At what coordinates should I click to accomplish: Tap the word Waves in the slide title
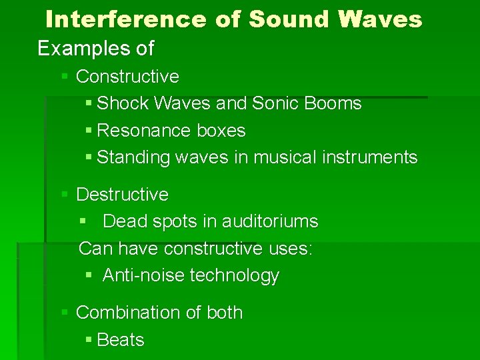[380, 19]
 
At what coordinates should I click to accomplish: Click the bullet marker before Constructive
[65, 77]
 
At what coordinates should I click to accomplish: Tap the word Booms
[333, 103]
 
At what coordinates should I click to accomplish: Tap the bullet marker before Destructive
[65, 195]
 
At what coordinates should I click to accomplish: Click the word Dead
[123, 221]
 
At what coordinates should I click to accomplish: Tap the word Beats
[121, 339]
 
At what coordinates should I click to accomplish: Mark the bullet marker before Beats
[89, 340]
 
